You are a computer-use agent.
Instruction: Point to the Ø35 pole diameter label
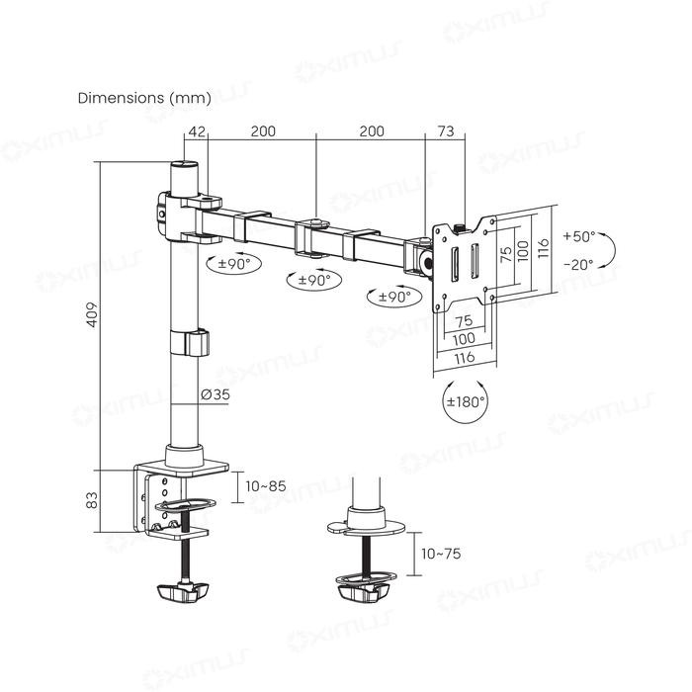[x=215, y=394]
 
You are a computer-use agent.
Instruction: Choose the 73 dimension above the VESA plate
[x=445, y=130]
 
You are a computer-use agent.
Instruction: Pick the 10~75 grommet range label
[x=440, y=554]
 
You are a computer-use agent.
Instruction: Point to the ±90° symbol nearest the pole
[x=228, y=264]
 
